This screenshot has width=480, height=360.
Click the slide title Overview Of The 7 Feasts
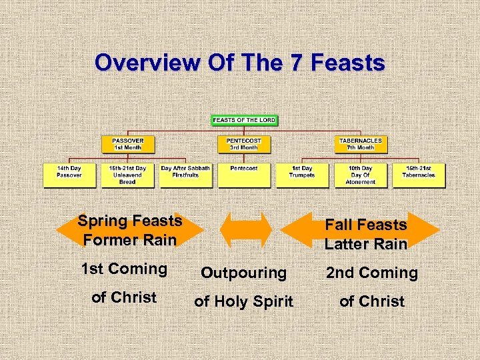click(x=239, y=63)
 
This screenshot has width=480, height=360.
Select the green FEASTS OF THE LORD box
click(x=244, y=120)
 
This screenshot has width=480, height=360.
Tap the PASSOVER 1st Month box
click(x=127, y=144)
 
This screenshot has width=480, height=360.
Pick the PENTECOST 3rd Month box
click(x=243, y=144)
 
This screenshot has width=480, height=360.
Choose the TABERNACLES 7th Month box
click(x=361, y=144)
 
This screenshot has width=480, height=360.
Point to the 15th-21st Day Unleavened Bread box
click(x=127, y=174)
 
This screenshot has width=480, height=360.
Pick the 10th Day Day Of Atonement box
click(x=361, y=174)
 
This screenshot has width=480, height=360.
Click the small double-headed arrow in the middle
click(x=245, y=230)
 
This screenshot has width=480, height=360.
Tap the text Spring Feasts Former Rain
click(x=129, y=230)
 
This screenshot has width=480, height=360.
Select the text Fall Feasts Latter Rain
click(x=365, y=235)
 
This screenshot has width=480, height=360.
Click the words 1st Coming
click(x=124, y=269)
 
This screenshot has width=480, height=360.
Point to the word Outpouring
click(x=244, y=273)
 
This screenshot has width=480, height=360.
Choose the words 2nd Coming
click(x=371, y=273)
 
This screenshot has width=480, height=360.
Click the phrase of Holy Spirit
click(x=243, y=301)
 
